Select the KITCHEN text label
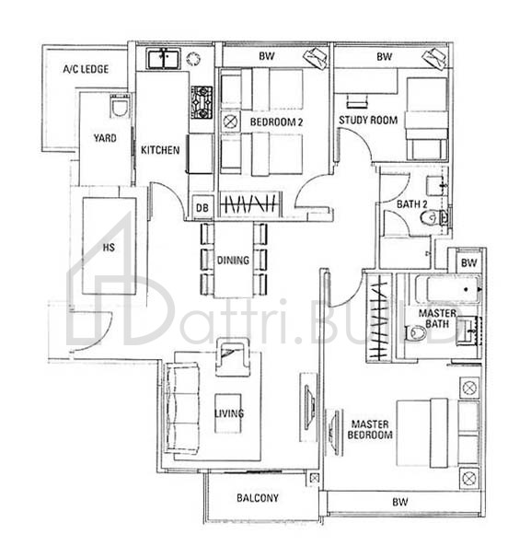click(x=160, y=150)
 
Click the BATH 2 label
click(x=412, y=203)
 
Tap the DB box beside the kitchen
click(x=202, y=208)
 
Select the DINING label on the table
click(x=233, y=261)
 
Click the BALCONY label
click(x=258, y=498)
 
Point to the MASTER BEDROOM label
click(x=372, y=429)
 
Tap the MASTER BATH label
click(x=438, y=319)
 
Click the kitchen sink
click(x=163, y=59)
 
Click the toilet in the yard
click(x=116, y=106)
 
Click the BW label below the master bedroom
click(x=399, y=503)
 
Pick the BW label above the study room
click(x=383, y=57)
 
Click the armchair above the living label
click(x=232, y=355)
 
